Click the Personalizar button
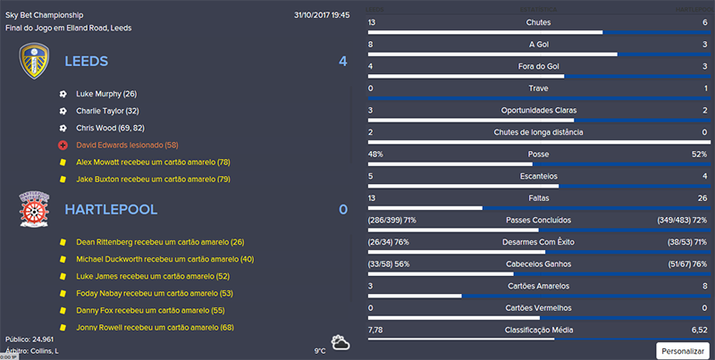684,349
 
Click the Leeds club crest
35,62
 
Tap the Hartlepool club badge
34,209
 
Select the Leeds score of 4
342,62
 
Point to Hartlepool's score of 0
342,209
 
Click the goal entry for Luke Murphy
105,94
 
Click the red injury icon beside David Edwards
63,145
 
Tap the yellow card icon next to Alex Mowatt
63,162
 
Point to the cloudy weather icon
341,343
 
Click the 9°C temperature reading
320,350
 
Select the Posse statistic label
539,154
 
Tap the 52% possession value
699,154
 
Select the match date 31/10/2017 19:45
322,15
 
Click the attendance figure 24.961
43,339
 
